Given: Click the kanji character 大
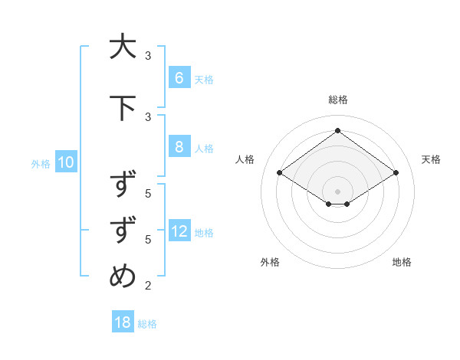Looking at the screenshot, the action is [x=123, y=47].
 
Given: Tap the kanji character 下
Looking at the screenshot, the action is [x=123, y=108].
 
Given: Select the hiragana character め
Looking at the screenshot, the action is [x=123, y=277].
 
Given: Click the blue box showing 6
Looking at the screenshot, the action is [x=179, y=78].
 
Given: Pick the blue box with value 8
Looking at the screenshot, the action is [x=179, y=147].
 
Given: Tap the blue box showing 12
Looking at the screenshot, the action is [x=179, y=231].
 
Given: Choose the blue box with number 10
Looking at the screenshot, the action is [x=65, y=162].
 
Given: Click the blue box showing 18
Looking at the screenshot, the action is [x=123, y=322].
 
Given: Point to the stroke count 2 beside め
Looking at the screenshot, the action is [x=148, y=286].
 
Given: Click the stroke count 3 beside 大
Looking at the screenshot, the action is [x=148, y=56].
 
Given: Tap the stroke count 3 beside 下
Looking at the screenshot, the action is [x=148, y=117].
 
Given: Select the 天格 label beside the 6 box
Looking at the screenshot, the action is [x=204, y=79].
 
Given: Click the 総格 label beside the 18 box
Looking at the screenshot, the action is [x=147, y=323].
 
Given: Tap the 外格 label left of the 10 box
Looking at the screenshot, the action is [x=41, y=163].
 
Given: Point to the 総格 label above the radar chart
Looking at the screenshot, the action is [x=337, y=100].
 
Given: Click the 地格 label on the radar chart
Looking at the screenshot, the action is [x=402, y=262].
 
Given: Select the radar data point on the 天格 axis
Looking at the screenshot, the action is [x=396, y=173].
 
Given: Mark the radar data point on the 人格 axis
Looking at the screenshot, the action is [x=279, y=173].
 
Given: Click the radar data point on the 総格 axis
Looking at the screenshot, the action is [x=337, y=131].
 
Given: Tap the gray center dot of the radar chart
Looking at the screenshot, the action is [x=337, y=191].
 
